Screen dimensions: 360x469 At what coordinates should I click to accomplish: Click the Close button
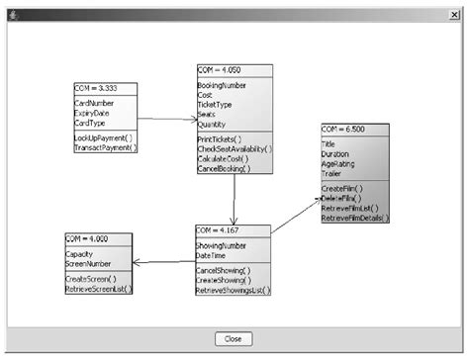(234, 338)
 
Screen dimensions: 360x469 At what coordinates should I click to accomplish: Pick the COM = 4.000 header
(88, 238)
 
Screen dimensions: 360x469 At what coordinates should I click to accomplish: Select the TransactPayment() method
(106, 147)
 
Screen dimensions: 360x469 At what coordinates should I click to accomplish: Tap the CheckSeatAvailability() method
(233, 149)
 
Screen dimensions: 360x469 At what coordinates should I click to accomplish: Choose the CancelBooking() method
(225, 169)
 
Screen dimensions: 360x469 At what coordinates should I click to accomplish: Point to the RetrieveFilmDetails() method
(353, 218)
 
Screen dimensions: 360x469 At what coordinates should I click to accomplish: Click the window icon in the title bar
(9, 9)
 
